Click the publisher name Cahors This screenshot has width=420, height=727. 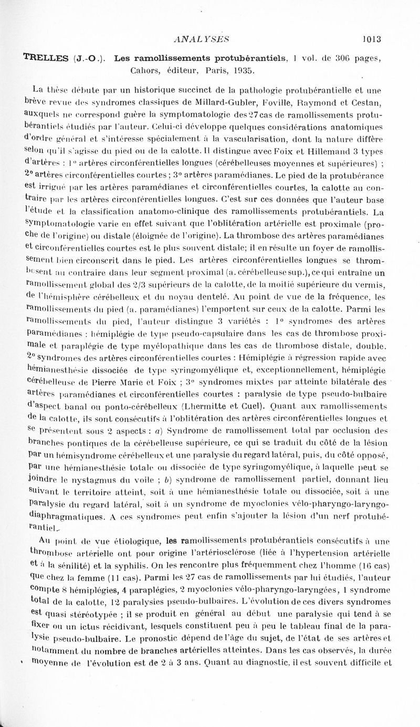[133, 70]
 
